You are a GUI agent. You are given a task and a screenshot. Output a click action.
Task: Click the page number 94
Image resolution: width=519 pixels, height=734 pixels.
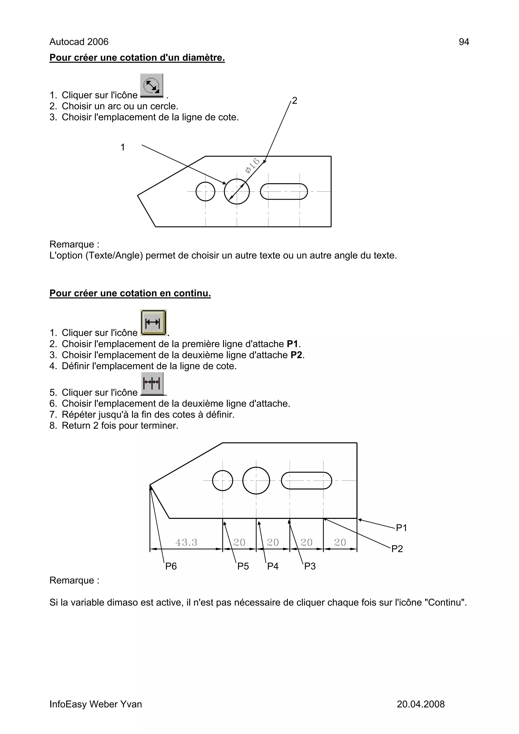coord(464,42)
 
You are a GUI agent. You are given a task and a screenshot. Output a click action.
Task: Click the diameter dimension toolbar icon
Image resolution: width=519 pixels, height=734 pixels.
coord(152,85)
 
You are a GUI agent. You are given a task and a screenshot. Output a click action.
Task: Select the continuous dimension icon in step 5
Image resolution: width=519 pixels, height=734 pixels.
coord(152,383)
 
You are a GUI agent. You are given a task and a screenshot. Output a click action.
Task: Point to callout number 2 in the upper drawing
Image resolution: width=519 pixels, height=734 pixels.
coord(294,101)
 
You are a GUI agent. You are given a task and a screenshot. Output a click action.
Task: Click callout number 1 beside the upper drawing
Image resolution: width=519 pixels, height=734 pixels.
coord(122,147)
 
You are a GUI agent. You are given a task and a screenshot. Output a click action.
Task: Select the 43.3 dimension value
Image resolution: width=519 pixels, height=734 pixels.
coord(187,542)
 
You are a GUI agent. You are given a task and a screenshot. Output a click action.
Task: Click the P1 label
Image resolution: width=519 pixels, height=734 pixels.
coord(401,528)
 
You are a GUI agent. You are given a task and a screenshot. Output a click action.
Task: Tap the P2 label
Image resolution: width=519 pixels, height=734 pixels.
coord(397,549)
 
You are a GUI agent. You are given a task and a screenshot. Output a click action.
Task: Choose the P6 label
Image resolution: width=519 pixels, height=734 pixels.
coord(171,566)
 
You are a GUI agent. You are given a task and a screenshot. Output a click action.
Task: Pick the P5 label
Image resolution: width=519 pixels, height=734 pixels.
coord(243,566)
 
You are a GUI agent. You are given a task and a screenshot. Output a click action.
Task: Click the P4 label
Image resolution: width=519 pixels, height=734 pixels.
coord(273,566)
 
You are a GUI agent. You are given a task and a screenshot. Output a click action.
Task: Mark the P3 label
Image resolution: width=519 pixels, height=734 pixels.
coord(309,566)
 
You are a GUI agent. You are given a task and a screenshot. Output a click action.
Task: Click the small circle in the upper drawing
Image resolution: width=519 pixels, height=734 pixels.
coord(205,192)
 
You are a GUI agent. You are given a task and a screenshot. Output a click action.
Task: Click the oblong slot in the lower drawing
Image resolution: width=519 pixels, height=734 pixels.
coord(306,480)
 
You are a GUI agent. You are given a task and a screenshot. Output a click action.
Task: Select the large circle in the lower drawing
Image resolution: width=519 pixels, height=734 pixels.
coord(256,480)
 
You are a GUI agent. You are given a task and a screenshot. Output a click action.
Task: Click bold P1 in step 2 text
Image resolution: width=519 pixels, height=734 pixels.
coord(292,344)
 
